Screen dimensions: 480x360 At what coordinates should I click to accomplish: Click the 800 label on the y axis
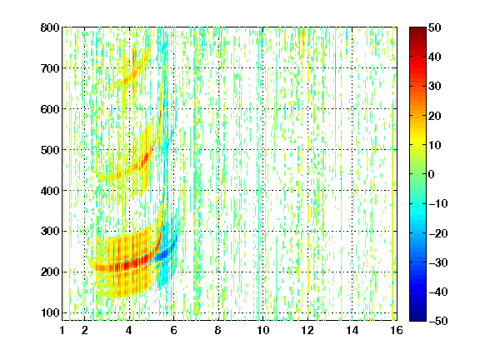50,27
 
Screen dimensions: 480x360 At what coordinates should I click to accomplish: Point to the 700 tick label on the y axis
50,68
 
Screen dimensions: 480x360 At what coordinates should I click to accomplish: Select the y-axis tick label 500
50,150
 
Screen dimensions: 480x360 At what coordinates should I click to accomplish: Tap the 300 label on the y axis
50,232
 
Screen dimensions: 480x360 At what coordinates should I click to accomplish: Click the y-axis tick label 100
50,312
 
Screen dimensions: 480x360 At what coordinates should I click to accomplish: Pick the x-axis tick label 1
62,330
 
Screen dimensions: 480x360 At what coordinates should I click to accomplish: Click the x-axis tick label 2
84,330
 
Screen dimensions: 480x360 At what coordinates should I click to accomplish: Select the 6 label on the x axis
173,330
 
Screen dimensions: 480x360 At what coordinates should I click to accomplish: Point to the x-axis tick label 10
262,330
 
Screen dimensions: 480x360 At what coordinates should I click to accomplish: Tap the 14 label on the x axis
352,330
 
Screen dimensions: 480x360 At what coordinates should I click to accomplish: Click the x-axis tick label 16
397,330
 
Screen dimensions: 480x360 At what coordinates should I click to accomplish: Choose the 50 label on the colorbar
434,27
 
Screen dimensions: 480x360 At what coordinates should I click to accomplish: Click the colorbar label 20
434,116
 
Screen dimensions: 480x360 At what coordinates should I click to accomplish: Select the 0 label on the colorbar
432,174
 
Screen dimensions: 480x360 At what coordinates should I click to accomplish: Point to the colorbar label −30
438,262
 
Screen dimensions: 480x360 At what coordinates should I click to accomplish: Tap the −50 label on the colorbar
438,321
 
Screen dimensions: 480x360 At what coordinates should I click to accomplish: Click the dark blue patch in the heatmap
164,254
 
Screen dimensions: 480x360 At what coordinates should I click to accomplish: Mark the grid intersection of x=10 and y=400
262,190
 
